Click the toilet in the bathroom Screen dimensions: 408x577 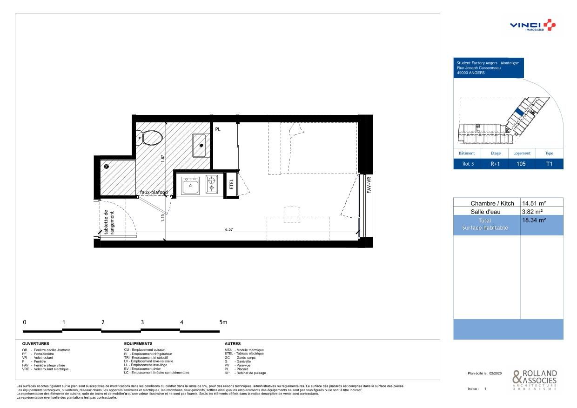click(150, 137)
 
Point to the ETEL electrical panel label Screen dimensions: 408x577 click(231, 185)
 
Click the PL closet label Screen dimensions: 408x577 click(218, 129)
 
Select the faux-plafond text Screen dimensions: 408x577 click(154, 192)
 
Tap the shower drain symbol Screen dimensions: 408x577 click(107, 166)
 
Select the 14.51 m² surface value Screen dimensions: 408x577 click(534, 203)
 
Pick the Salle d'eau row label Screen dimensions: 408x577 click(486, 212)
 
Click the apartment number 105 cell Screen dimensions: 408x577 click(522, 164)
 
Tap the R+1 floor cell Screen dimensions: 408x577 click(496, 164)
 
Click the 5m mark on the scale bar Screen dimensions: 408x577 click(223, 322)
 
